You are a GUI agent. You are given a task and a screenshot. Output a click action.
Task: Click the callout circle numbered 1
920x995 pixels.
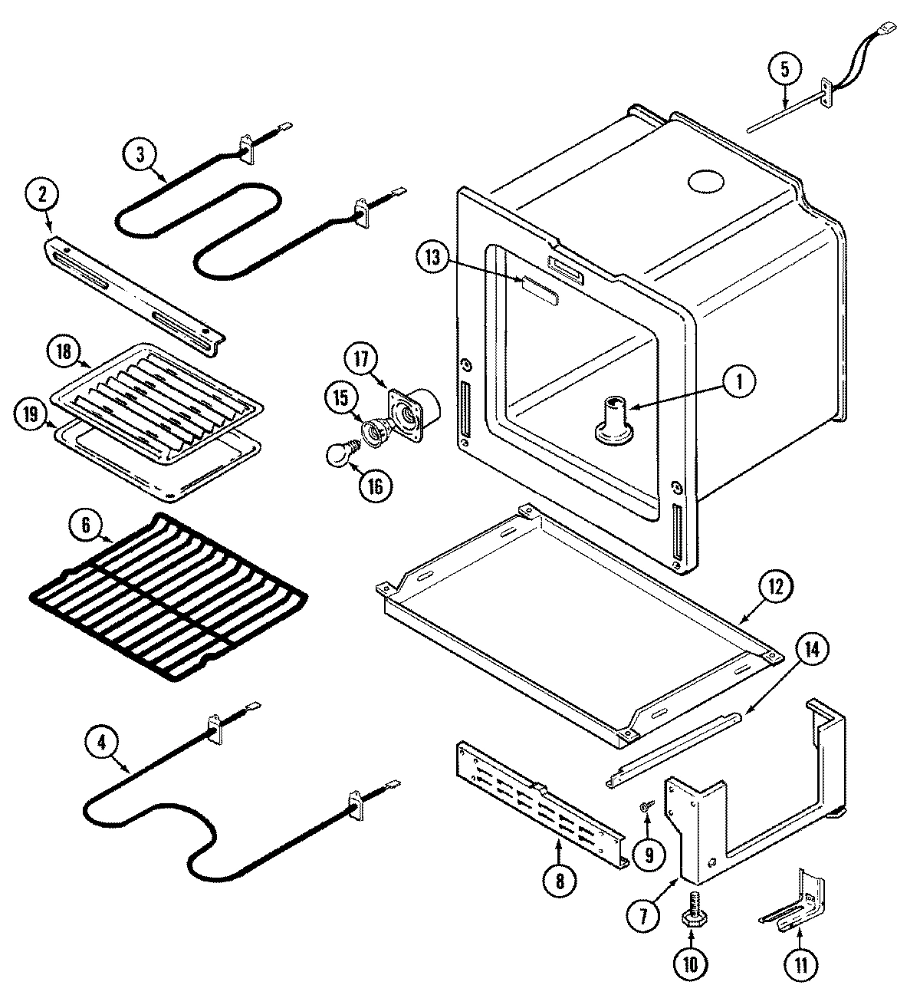[738, 381]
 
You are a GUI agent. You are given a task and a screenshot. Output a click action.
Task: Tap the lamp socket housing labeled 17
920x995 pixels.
[414, 407]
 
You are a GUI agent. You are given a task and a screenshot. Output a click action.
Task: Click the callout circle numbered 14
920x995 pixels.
[811, 650]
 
